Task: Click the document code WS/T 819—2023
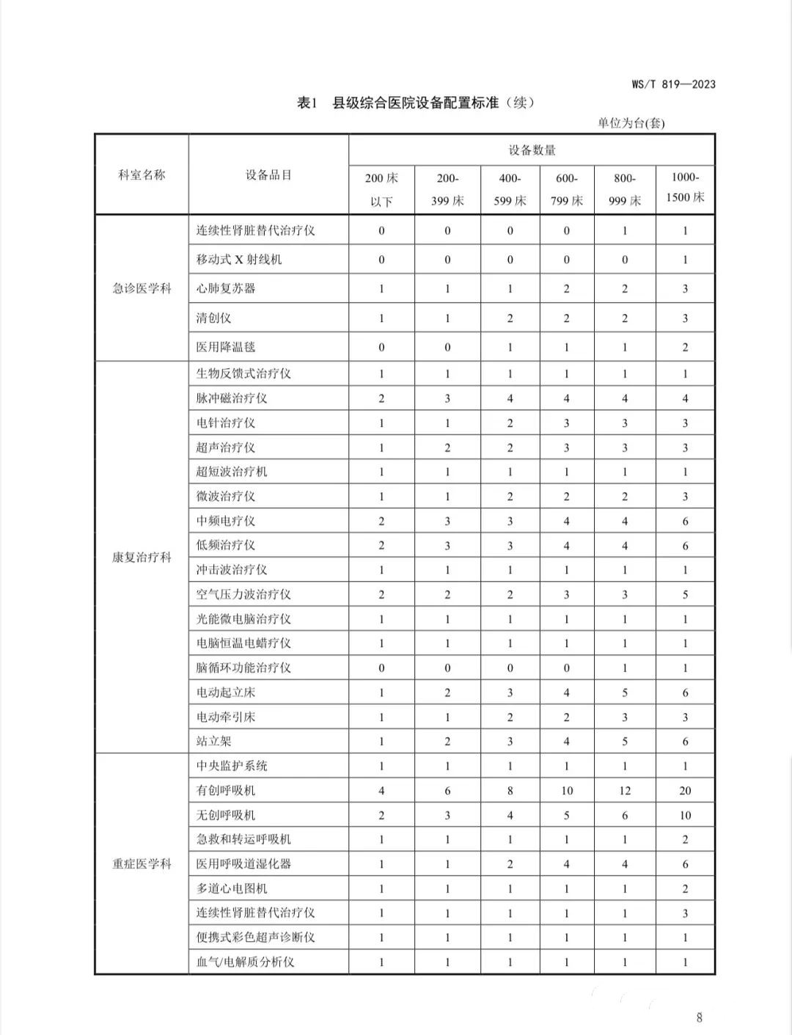[673, 84]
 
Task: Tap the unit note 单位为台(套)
[631, 123]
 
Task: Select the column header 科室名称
[142, 175]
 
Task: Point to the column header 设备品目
[268, 175]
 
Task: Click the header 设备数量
[532, 150]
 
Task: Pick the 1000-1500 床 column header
[685, 188]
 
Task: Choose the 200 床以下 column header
[381, 189]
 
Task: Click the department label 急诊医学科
[142, 288]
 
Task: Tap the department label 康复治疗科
[142, 557]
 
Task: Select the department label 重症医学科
[142, 864]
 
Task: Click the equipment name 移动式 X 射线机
[238, 260]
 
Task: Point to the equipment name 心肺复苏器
[225, 288]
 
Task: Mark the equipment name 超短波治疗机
[231, 472]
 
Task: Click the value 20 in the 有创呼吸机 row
[685, 791]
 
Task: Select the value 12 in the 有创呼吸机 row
[625, 791]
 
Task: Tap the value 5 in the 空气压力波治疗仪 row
[685, 595]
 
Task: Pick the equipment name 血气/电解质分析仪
[245, 962]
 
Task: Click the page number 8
[699, 1017]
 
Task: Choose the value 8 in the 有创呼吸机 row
[510, 791]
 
